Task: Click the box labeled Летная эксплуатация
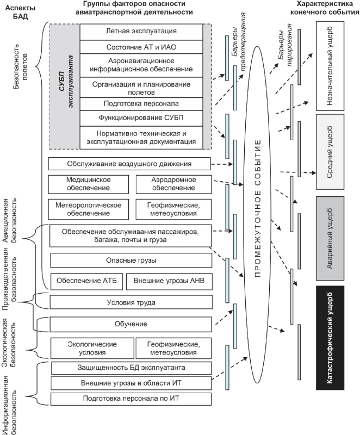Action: coord(141,32)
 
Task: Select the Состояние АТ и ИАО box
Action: coord(141,47)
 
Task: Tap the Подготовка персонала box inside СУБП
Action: coord(141,104)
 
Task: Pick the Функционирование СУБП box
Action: coord(141,118)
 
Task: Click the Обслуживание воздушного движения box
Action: coord(129,164)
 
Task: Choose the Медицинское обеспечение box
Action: coord(89,184)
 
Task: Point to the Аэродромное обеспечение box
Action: coord(173,184)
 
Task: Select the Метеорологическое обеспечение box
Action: coord(89,209)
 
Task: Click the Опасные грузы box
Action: coord(131,260)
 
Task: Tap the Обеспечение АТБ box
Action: coord(86,282)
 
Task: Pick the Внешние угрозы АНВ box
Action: coord(169,282)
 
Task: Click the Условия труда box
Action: coord(131,302)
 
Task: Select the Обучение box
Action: coord(131,324)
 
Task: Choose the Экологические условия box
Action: coord(92,348)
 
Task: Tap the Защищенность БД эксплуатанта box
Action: coord(132,368)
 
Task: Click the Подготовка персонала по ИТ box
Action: coord(131,399)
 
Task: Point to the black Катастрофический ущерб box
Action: coord(330,338)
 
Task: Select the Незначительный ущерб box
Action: coord(330,66)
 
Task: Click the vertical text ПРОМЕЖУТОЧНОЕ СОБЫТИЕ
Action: coord(258,209)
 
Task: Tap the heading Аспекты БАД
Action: coord(21,12)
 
